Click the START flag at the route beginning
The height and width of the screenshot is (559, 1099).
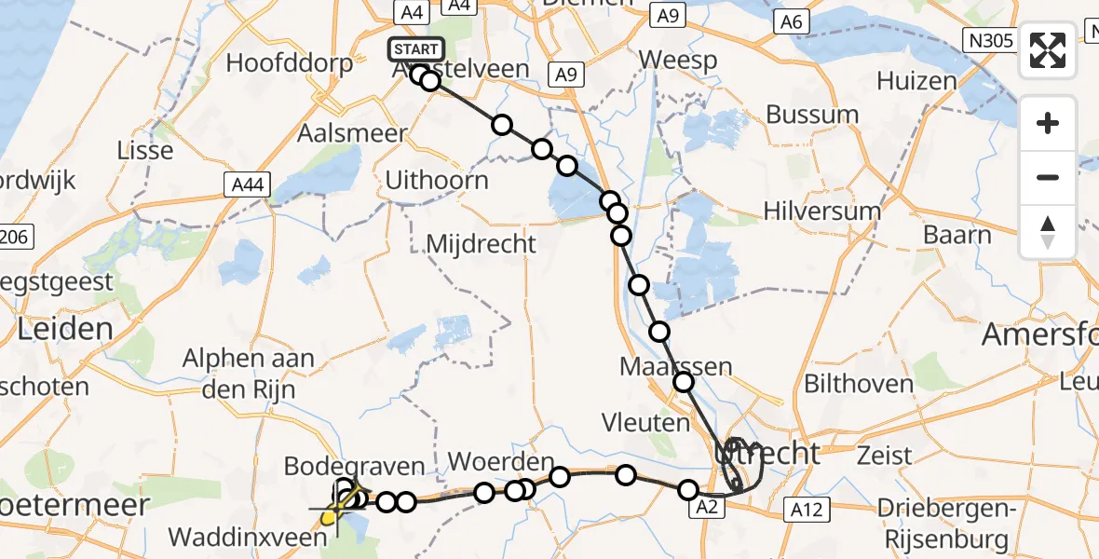pos(416,49)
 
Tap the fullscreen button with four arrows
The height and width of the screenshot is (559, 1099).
pos(1048,50)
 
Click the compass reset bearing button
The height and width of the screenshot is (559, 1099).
pos(1048,231)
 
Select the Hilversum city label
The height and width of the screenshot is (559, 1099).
pos(821,211)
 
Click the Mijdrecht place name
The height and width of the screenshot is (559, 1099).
pos(481,245)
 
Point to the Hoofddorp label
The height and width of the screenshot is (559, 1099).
pos(290,64)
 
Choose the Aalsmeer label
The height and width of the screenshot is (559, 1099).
pos(351,133)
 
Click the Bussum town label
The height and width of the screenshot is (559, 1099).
pos(812,115)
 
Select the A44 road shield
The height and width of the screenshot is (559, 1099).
pos(247,186)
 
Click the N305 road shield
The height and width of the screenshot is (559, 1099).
pos(986,38)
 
